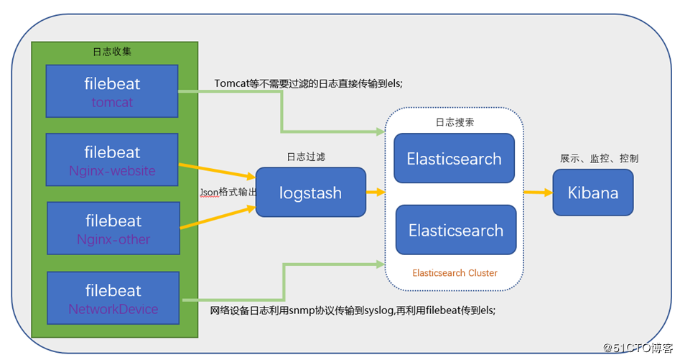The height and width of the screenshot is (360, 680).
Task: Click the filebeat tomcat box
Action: pyautogui.click(x=111, y=91)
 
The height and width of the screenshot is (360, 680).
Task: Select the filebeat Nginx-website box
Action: pyautogui.click(x=111, y=160)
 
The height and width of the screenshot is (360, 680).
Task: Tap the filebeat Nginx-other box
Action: pyautogui.click(x=113, y=229)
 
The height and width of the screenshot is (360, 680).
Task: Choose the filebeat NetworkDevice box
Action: pyautogui.click(x=113, y=298)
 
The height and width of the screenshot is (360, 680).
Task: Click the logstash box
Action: pyautogui.click(x=311, y=193)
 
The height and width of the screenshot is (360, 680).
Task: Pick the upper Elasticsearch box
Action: pyautogui.click(x=454, y=158)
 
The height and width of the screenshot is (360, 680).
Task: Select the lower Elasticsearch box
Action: pyautogui.click(x=456, y=230)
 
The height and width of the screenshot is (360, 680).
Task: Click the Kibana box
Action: pyautogui.click(x=593, y=193)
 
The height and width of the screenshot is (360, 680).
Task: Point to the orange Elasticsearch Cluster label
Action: pyautogui.click(x=455, y=273)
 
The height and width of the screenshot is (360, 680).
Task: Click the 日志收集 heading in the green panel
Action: pyautogui.click(x=113, y=52)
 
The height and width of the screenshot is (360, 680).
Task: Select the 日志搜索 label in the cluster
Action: pyautogui.click(x=455, y=122)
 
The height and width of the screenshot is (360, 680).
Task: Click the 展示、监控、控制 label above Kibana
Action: pyautogui.click(x=599, y=158)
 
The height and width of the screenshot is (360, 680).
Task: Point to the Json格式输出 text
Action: pyautogui.click(x=226, y=193)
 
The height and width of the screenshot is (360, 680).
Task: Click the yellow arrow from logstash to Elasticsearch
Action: pyautogui.click(x=376, y=193)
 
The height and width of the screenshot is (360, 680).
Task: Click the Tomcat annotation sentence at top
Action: pyautogui.click(x=309, y=83)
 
